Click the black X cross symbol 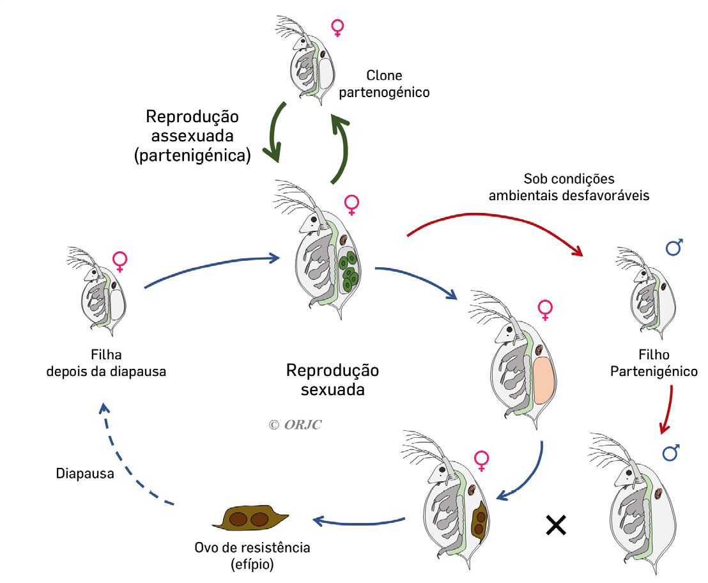(x=556, y=525)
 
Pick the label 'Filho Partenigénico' (x=653, y=362)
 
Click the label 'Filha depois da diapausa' (x=106, y=362)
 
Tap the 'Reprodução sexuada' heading (x=332, y=380)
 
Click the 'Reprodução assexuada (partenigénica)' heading (x=192, y=136)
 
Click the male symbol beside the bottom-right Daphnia (x=671, y=453)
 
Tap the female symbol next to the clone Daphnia (x=337, y=27)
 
